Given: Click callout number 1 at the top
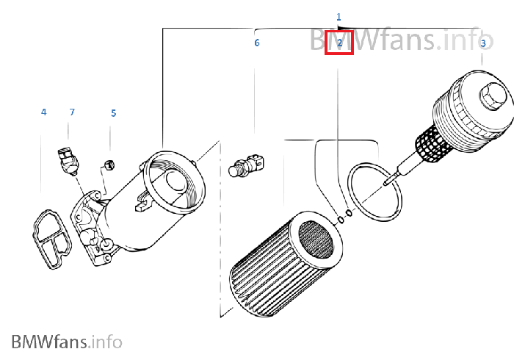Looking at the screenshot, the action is pyautogui.click(x=339, y=17).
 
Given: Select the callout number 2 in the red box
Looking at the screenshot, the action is pyautogui.click(x=339, y=43).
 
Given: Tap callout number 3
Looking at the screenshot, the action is pyautogui.click(x=483, y=43).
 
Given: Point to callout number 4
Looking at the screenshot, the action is pyautogui.click(x=43, y=112).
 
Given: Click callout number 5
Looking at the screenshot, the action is pyautogui.click(x=113, y=113).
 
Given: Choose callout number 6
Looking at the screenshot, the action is pyautogui.click(x=257, y=43).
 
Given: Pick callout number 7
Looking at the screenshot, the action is pyautogui.click(x=72, y=112).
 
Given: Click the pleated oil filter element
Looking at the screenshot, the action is pyautogui.click(x=286, y=264).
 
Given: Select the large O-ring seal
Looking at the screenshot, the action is pyautogui.click(x=374, y=192).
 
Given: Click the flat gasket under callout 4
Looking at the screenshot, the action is pyautogui.click(x=51, y=239).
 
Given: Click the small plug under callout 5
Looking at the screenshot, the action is pyautogui.click(x=109, y=165).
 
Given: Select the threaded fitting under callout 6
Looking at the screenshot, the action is pyautogui.click(x=247, y=166).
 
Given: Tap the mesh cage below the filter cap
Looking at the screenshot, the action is pyautogui.click(x=432, y=144).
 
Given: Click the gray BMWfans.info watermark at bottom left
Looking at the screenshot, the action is pyautogui.click(x=67, y=342).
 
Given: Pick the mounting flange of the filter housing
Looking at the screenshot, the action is pyautogui.click(x=92, y=228).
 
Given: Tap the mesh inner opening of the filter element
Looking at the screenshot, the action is pyautogui.click(x=316, y=239).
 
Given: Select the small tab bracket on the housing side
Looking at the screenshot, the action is pyautogui.click(x=142, y=201).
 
